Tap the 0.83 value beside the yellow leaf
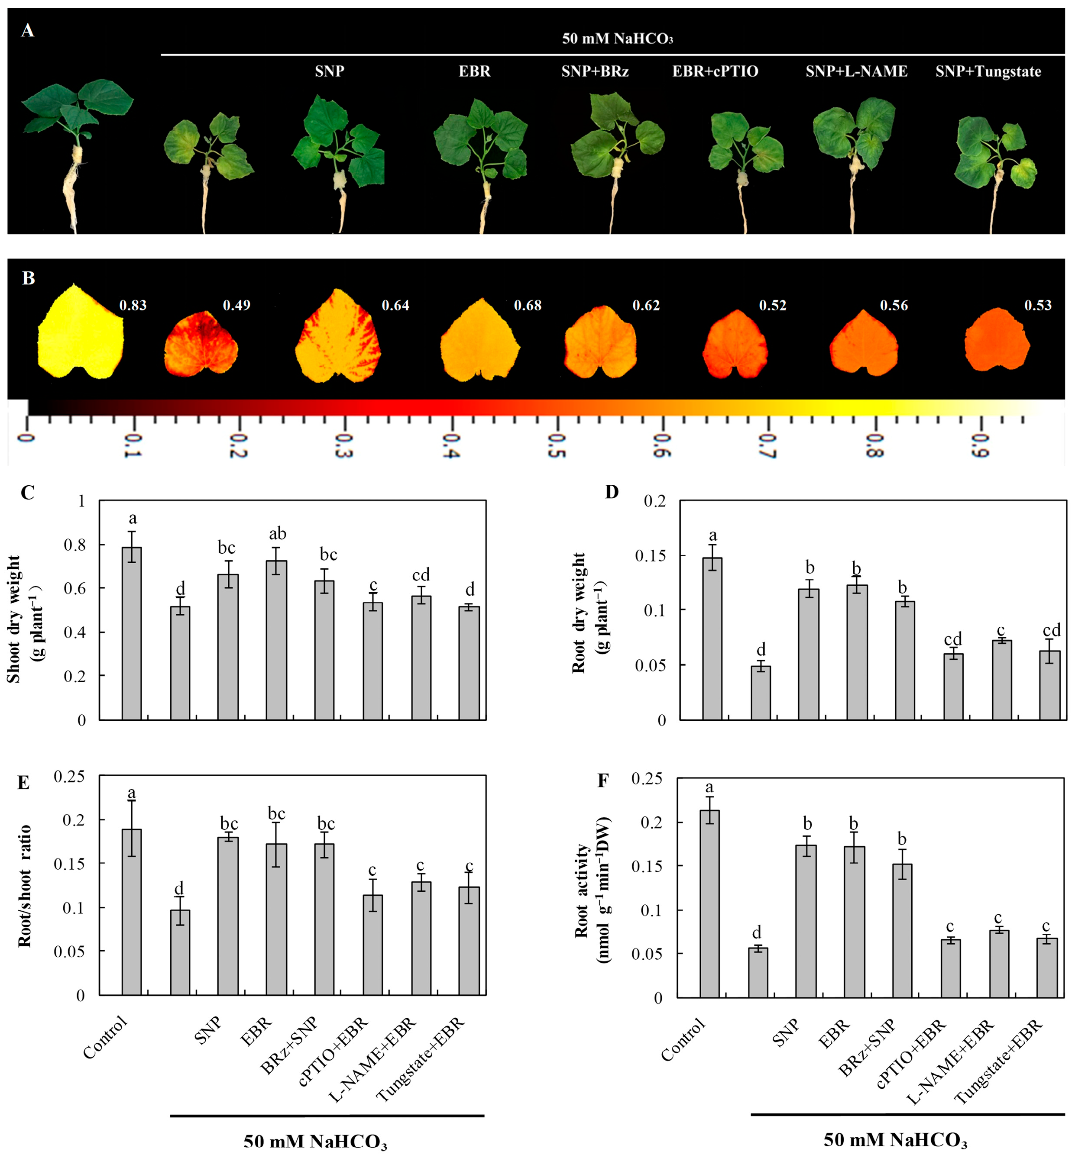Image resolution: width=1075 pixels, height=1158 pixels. (x=133, y=305)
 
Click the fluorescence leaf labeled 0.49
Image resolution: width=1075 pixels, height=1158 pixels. (x=201, y=343)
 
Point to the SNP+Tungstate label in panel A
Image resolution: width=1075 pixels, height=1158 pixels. (x=988, y=71)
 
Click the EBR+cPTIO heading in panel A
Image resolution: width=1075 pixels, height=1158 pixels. (x=715, y=71)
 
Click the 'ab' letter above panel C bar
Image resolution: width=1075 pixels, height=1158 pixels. (x=278, y=534)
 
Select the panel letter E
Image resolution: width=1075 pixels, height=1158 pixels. (x=23, y=783)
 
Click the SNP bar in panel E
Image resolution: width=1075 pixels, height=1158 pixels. (x=228, y=916)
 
